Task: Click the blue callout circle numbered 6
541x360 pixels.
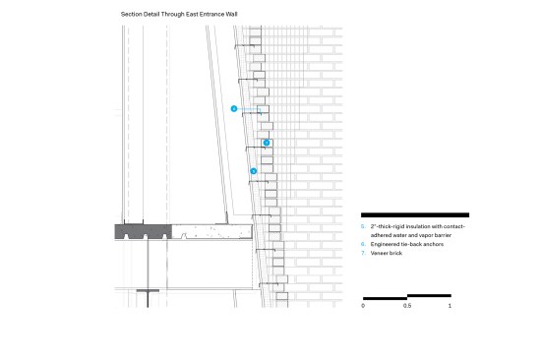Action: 234,109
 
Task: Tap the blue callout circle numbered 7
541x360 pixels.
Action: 267,143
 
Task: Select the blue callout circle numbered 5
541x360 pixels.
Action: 254,171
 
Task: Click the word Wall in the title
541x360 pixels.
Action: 231,14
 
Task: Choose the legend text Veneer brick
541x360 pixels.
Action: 387,253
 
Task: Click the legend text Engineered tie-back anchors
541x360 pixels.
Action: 407,244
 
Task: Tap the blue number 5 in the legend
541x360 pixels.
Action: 363,227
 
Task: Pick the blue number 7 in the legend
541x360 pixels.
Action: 363,253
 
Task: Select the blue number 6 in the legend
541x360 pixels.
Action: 363,244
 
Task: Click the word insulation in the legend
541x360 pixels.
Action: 417,227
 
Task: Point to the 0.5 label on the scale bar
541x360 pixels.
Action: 407,306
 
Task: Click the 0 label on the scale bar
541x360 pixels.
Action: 363,306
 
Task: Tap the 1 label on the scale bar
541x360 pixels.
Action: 450,306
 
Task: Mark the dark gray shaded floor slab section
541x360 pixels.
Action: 144,231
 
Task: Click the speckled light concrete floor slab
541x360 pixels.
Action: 211,231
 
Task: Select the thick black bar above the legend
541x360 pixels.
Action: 415,215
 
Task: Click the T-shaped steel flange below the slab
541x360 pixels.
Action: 148,290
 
